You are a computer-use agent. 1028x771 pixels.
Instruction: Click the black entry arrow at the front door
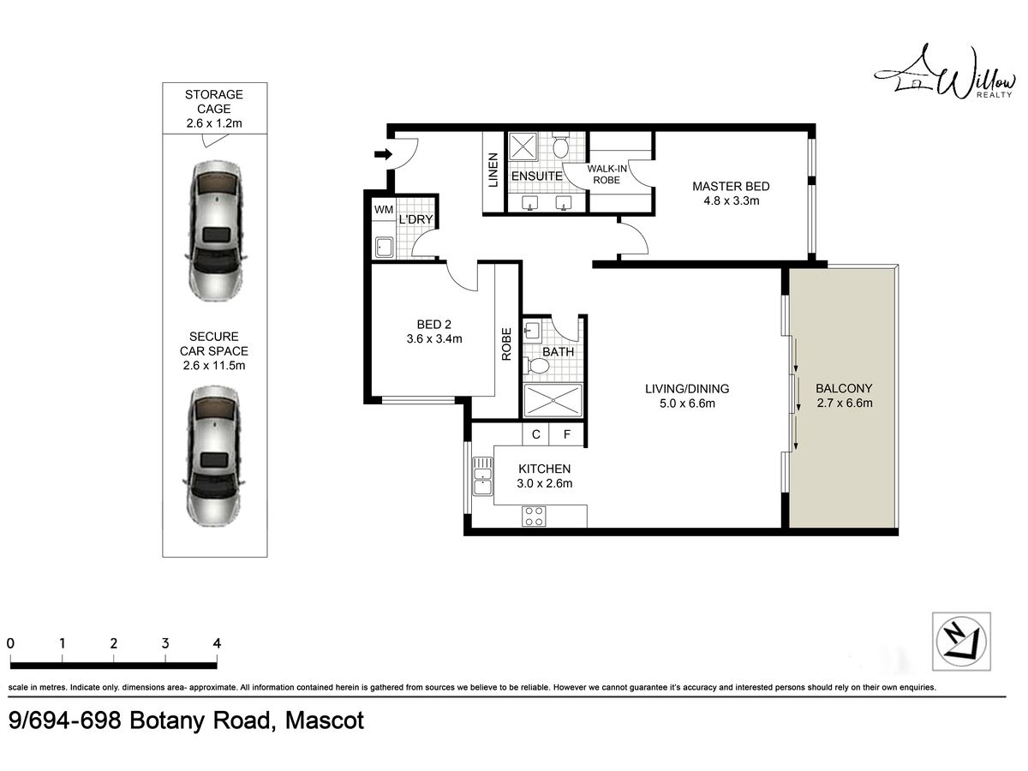tap(383, 154)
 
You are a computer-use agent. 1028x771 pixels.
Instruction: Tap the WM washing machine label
tap(384, 210)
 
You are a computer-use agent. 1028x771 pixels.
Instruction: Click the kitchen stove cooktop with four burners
tap(534, 517)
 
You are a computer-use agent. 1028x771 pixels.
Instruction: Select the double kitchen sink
tap(482, 476)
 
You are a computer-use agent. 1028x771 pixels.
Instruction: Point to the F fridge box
tap(567, 434)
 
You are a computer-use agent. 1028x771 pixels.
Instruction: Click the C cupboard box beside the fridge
tap(535, 434)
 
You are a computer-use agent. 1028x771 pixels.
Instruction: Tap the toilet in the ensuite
tap(560, 146)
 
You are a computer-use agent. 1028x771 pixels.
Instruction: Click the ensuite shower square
tap(523, 146)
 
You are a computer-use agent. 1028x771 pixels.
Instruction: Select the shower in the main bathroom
tap(553, 400)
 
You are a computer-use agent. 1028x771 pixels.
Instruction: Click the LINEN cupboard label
tap(493, 170)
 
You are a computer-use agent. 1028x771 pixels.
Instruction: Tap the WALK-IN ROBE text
tap(607, 174)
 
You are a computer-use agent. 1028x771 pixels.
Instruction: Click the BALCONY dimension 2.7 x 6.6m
tap(845, 403)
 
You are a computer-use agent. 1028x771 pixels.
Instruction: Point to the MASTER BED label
tap(731, 186)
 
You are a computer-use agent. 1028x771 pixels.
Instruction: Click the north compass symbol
tap(960, 642)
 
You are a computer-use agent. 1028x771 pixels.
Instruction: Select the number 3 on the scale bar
tap(165, 643)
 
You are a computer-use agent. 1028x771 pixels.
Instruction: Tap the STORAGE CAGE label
tap(214, 102)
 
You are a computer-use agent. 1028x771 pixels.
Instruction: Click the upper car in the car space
tap(216, 231)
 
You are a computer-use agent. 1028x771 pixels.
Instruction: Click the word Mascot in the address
tap(324, 720)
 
